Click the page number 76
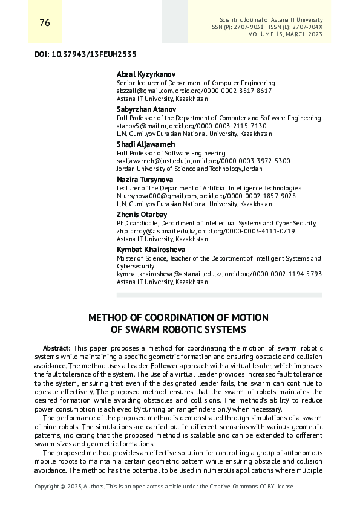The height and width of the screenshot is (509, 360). coord(44,23)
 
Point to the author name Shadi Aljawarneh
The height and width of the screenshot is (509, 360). coord(145,144)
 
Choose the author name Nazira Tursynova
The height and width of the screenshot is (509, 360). coord(145,180)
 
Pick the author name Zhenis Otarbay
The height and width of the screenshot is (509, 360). coord(142,215)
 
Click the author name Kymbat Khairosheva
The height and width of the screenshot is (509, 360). coord(151,250)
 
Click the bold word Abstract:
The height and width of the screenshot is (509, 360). coord(57,349)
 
